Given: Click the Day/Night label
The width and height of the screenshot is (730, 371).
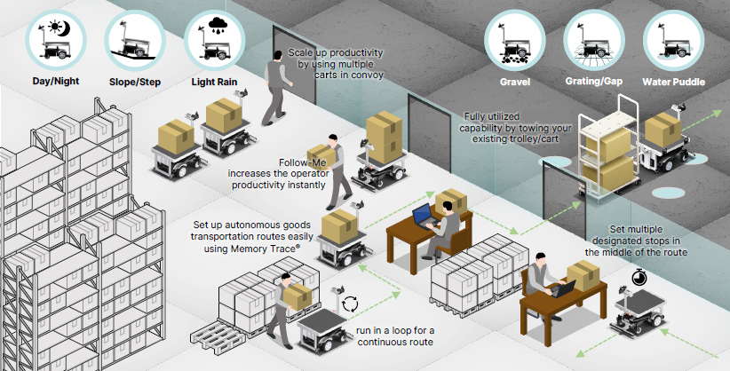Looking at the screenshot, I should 55,83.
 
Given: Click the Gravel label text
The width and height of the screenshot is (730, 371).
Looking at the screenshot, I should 514,82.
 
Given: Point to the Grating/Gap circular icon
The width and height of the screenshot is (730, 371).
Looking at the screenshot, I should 593,39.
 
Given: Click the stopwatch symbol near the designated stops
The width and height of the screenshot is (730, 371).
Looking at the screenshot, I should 639,279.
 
